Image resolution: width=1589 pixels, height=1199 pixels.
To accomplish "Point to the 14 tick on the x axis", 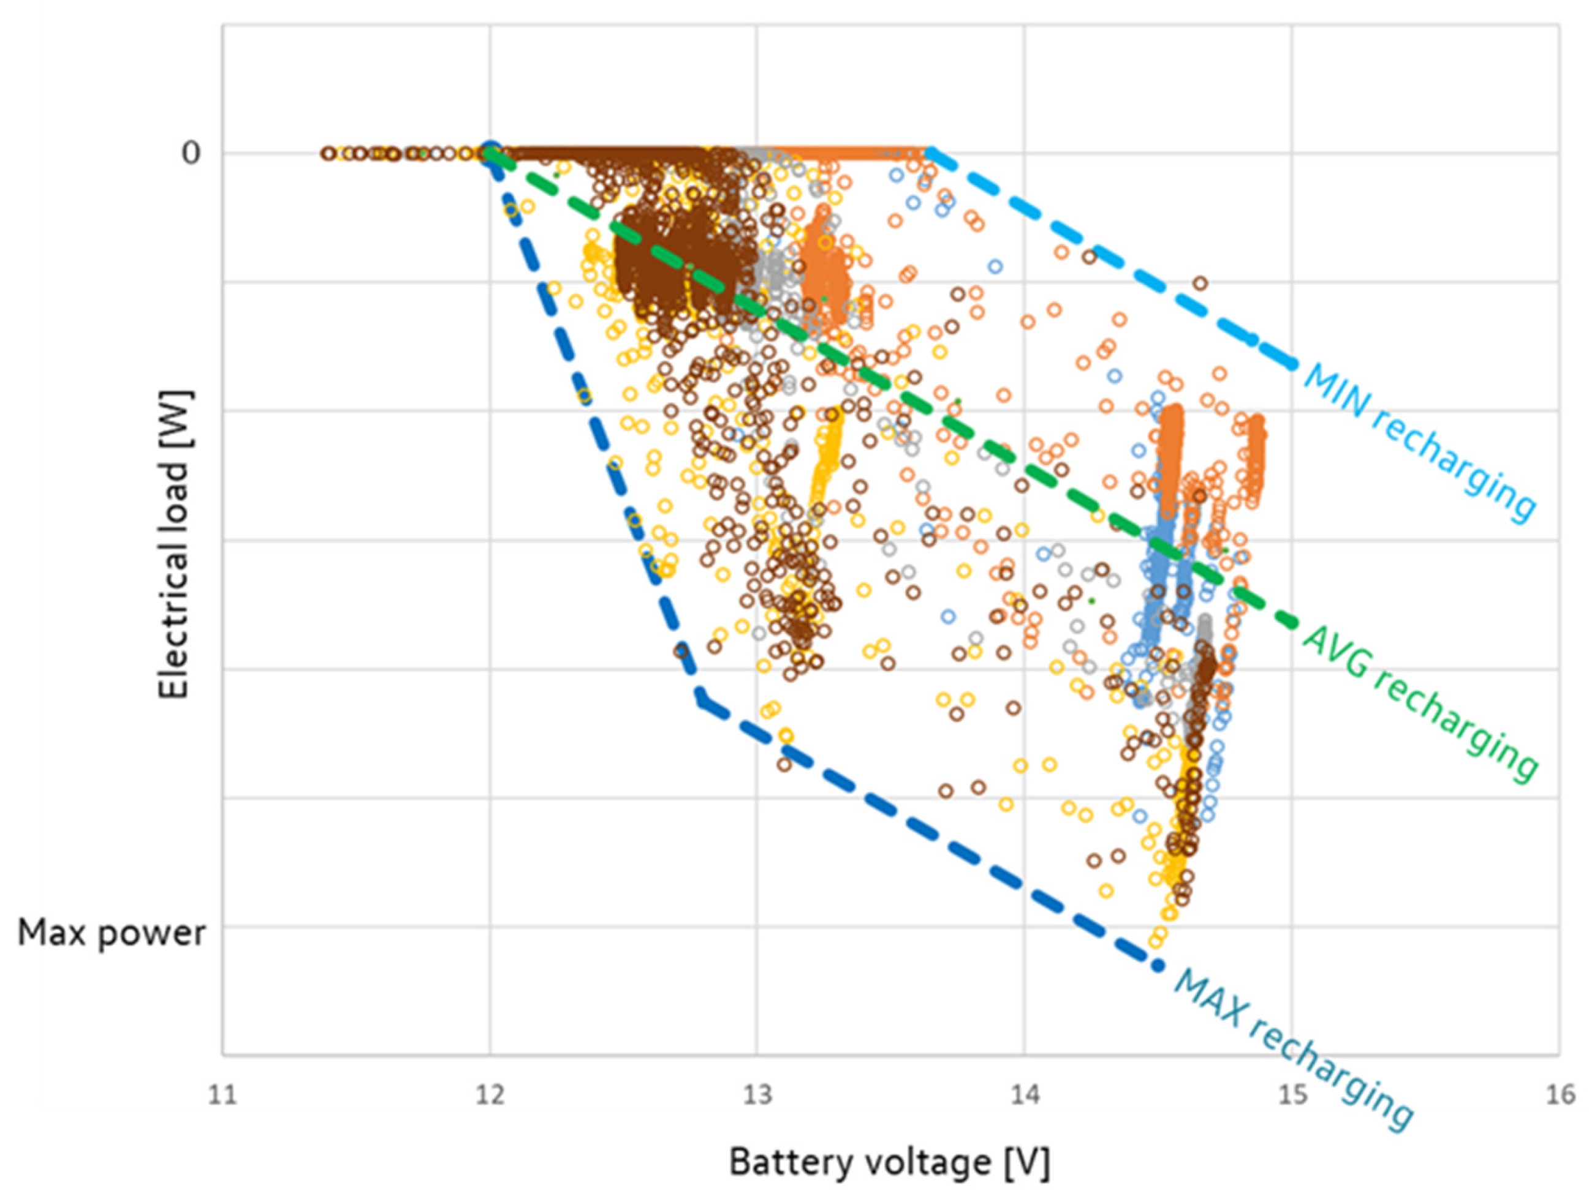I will (1025, 1096).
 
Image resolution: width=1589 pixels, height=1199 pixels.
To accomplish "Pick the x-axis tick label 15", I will (1292, 1096).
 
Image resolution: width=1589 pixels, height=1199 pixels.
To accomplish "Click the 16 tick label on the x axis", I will (1559, 1096).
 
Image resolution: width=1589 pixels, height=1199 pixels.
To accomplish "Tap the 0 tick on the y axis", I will (191, 153).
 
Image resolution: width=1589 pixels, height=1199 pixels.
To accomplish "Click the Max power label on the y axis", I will (112, 933).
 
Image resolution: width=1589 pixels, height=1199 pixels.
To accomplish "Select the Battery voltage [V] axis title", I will (889, 1162).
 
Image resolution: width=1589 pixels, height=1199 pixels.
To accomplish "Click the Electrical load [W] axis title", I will (174, 545).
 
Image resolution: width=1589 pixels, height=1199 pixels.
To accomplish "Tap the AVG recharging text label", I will (1419, 704).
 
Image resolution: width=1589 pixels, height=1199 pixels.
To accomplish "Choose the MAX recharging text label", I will (1293, 1059).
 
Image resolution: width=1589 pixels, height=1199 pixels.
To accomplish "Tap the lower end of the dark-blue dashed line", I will (1156, 966).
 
